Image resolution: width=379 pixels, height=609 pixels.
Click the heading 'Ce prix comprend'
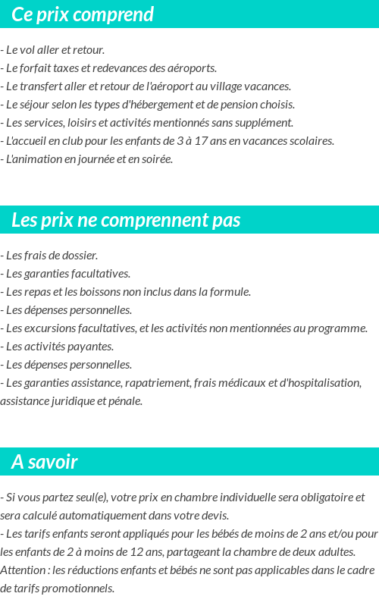click(83, 14)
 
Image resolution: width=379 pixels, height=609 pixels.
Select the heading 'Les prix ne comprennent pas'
click(126, 221)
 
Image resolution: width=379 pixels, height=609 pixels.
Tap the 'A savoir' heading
click(45, 462)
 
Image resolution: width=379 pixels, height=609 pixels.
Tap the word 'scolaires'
click(311, 141)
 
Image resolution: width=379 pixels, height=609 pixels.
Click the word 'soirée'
click(156, 159)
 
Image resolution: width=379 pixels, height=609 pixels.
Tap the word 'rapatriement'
click(160, 383)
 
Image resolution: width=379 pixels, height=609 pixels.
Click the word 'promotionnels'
click(77, 589)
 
